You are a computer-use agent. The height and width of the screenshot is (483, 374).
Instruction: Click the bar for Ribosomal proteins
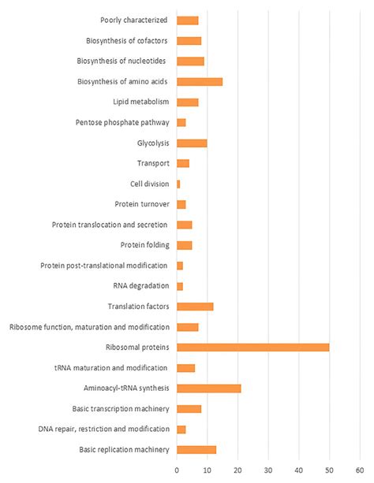point(252,347)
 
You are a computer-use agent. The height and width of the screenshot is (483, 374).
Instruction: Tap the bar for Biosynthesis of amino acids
point(200,81)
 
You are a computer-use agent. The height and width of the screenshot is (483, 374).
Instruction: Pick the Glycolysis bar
point(192,143)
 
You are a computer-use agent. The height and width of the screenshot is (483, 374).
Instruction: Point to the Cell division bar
point(178,184)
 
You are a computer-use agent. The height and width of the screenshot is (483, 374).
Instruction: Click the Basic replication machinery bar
point(196,450)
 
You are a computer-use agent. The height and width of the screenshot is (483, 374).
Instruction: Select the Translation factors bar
point(195,307)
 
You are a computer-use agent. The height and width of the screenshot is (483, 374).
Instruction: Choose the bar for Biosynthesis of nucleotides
point(190,61)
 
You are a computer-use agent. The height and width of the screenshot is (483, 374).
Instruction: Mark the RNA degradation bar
point(180,286)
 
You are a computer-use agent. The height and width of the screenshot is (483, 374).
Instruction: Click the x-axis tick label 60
point(360,470)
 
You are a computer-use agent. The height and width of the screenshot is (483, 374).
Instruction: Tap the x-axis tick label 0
point(177,470)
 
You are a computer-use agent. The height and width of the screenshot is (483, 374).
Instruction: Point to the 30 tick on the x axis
point(268,470)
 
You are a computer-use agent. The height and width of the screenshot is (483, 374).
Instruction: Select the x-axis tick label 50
point(329,470)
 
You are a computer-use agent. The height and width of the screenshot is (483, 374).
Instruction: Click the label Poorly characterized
point(133,20)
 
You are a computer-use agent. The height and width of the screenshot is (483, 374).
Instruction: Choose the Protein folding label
point(143,245)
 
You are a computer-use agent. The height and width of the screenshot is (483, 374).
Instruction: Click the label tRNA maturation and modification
point(110,368)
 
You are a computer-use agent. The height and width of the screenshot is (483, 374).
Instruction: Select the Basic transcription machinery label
point(122,409)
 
